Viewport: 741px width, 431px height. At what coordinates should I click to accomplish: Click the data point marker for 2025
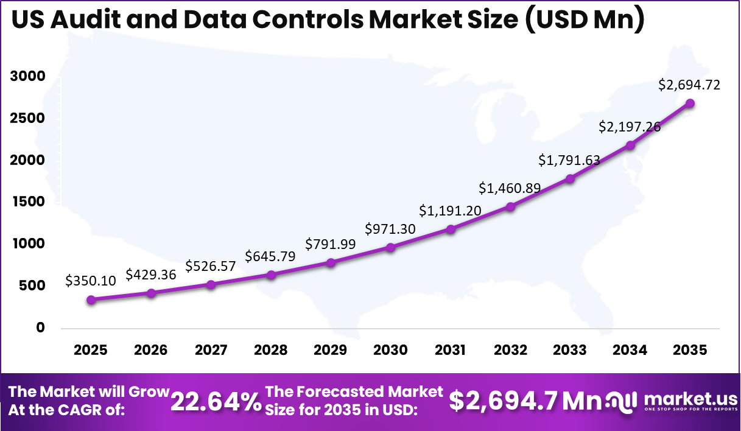click(x=91, y=300)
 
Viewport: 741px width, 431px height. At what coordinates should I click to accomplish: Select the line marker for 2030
click(x=390, y=247)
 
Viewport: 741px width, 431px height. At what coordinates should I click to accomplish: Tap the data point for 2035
click(x=690, y=103)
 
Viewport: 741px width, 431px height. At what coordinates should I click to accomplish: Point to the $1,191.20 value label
click(x=450, y=211)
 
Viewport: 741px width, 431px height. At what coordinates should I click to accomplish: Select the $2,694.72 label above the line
click(x=689, y=85)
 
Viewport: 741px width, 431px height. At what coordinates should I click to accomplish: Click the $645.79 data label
click(x=270, y=256)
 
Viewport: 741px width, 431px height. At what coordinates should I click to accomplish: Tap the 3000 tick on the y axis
click(x=27, y=76)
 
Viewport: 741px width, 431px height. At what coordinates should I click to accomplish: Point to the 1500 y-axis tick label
click(x=27, y=201)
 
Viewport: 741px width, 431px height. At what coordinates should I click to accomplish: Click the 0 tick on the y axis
click(x=40, y=328)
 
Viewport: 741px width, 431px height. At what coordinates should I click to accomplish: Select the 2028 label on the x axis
click(x=270, y=350)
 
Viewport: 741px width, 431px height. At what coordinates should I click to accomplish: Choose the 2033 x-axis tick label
click(x=570, y=350)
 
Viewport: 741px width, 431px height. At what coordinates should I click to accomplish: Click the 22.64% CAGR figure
click(x=215, y=401)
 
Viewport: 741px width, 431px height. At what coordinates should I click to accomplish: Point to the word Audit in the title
click(x=85, y=21)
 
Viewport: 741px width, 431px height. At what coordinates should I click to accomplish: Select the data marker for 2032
click(x=510, y=207)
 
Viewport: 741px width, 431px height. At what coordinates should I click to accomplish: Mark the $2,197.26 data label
click(x=630, y=127)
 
